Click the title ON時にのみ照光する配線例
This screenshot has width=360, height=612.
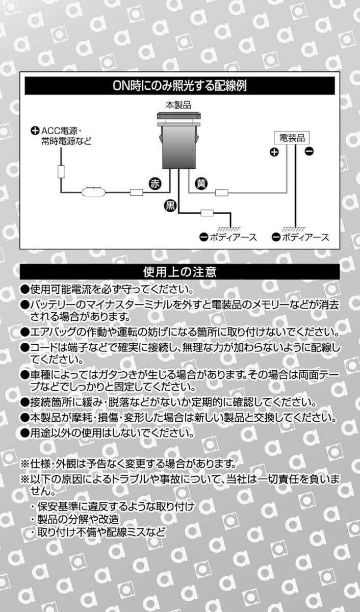180,85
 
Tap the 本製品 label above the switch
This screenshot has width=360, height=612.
178,105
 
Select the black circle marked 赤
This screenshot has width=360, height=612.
155,185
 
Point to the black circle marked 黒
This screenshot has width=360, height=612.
170,206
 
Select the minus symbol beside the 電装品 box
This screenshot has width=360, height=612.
309,151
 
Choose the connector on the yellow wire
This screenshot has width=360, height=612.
221,192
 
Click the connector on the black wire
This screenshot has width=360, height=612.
207,213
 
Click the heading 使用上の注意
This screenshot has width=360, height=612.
180,271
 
